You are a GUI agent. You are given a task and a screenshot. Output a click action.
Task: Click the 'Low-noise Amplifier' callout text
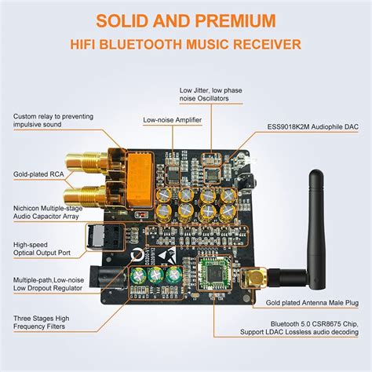173,120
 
